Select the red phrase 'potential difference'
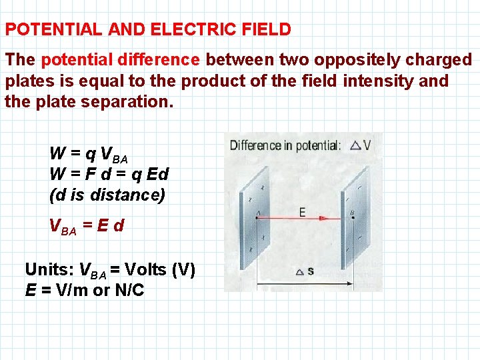pos(121,60)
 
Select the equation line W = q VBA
pos(88,155)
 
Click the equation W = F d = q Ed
pos(109,175)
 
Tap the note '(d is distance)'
pos(107,195)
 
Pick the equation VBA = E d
pos(87,227)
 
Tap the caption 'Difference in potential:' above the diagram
pos(285,145)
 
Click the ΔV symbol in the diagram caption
pos(360,145)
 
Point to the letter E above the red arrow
pos(302,211)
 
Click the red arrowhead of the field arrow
pos(324,218)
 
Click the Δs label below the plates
pos(304,271)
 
